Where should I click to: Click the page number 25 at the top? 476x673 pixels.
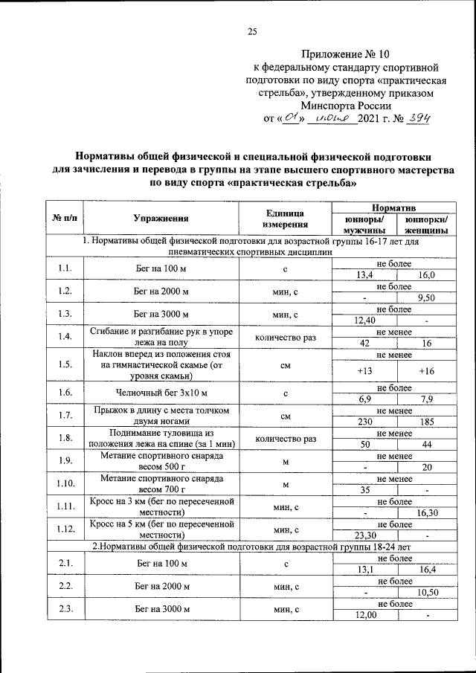tap(252, 31)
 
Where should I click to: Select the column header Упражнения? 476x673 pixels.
tap(160, 218)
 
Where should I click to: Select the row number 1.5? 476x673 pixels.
tap(65, 364)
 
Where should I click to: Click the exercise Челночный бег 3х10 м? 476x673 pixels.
tap(160, 392)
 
